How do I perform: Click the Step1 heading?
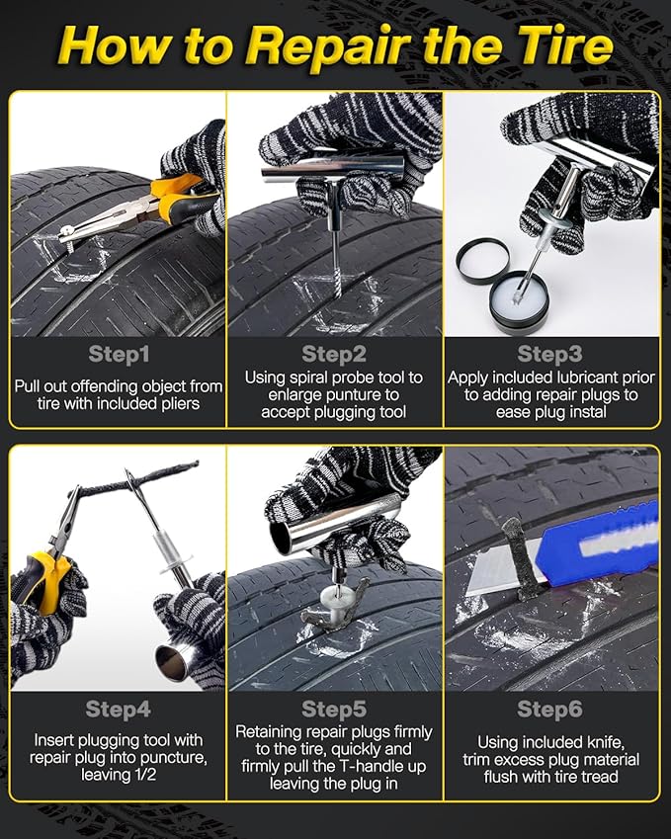click(x=119, y=354)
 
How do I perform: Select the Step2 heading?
click(x=334, y=354)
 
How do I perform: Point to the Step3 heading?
click(x=549, y=354)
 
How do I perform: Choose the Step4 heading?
click(x=119, y=709)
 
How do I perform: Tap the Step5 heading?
click(x=334, y=709)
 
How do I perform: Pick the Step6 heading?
click(x=549, y=709)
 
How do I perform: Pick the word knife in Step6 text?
click(x=606, y=743)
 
